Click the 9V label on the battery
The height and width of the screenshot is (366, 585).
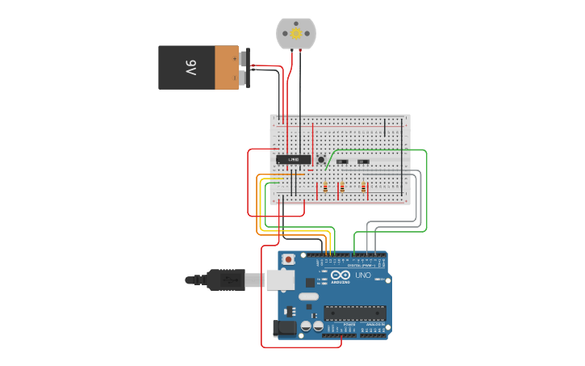[190, 67]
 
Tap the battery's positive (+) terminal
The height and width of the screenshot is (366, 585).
[243, 58]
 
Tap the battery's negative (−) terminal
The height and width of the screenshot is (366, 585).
[243, 78]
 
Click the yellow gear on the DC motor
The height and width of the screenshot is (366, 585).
[296, 33]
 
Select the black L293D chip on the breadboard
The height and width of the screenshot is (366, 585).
[293, 160]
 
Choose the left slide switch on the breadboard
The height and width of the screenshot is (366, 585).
[342, 162]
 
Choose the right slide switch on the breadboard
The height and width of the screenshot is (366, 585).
[363, 162]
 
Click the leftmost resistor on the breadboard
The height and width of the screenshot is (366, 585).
[324, 188]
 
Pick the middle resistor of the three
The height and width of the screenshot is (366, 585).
[341, 188]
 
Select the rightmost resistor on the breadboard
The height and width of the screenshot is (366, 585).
[363, 188]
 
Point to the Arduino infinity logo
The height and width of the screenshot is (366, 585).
[341, 275]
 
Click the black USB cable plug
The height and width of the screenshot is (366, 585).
[225, 280]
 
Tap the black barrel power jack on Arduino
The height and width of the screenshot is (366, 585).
[284, 327]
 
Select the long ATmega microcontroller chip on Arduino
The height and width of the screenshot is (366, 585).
[354, 313]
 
